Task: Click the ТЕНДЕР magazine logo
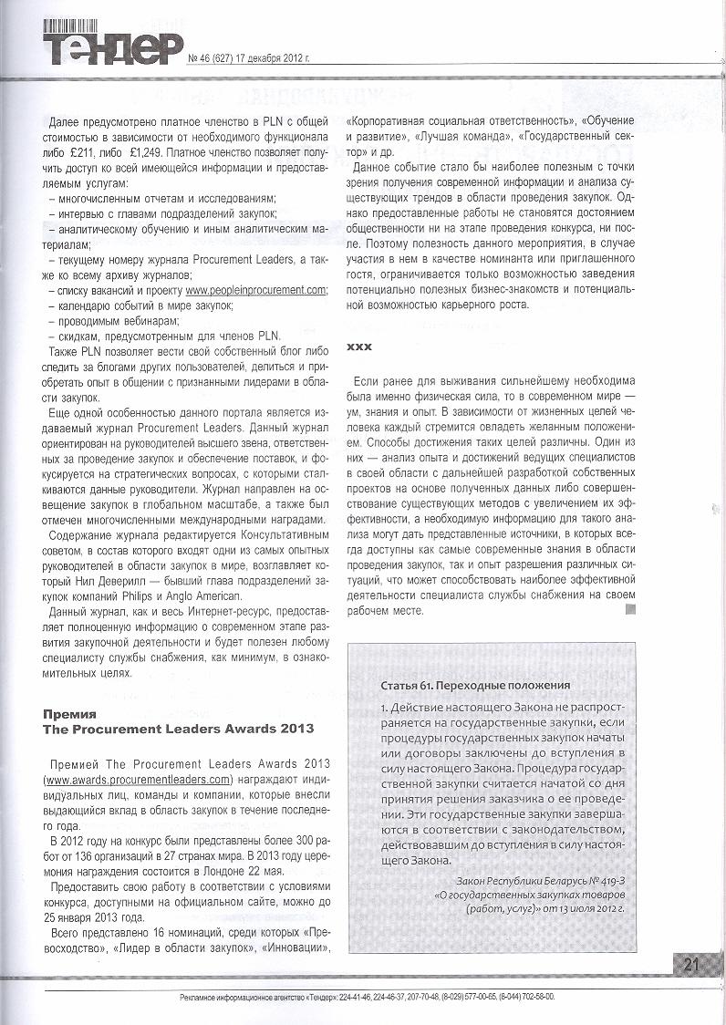tap(111, 43)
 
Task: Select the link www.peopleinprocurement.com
tap(257, 289)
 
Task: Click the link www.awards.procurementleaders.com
tap(125, 780)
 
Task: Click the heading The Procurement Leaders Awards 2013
tap(179, 729)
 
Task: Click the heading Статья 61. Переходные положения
tap(474, 685)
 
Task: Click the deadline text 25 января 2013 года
tap(96, 918)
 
